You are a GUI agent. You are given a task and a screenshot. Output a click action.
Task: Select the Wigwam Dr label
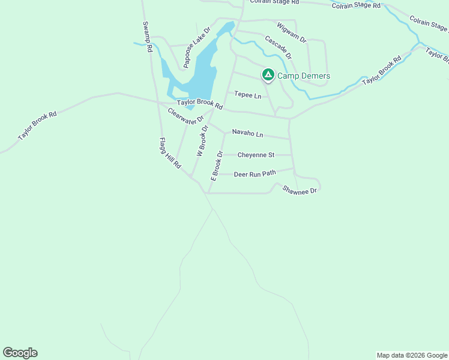(292, 32)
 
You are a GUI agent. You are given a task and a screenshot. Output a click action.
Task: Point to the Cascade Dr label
(278, 46)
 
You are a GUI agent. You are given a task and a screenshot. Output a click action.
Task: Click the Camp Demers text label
(304, 76)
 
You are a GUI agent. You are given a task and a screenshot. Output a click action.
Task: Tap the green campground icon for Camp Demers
(268, 75)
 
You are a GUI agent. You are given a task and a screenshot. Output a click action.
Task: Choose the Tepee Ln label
(248, 95)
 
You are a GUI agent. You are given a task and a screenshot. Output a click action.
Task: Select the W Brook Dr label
(202, 141)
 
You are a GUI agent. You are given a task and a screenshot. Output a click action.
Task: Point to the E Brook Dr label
(216, 166)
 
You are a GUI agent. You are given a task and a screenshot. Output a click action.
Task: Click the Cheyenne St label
(256, 155)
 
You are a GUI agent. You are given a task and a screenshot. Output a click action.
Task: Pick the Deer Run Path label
(255, 174)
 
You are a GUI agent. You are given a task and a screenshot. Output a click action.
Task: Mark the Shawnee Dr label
(299, 190)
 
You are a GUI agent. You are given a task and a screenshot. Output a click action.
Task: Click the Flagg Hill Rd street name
(170, 153)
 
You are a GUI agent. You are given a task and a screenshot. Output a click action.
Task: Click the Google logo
(20, 353)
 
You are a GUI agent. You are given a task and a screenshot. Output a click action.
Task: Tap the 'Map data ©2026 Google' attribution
(412, 355)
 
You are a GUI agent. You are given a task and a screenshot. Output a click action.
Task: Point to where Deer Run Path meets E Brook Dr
(214, 175)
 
